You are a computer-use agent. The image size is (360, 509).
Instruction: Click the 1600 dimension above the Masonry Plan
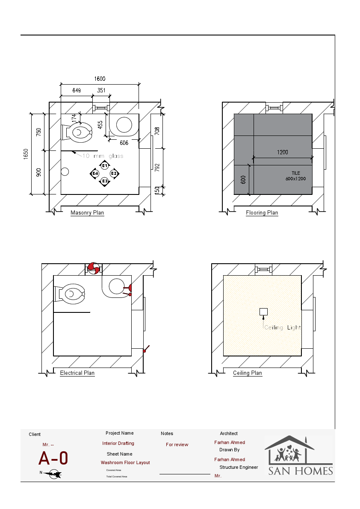click(100, 79)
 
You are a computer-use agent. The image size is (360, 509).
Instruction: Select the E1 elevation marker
click(104, 165)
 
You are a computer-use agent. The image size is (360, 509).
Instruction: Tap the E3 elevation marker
click(104, 182)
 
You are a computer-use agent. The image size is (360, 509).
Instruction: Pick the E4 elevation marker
click(95, 174)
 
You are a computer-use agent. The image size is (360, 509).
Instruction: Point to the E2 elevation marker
click(114, 174)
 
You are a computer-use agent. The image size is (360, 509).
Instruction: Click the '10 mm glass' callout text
click(103, 156)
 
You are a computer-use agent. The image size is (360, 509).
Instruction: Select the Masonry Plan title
click(87, 213)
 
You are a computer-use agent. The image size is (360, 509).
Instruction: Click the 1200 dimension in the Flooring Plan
click(282, 152)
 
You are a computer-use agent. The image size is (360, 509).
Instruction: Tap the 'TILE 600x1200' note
click(296, 176)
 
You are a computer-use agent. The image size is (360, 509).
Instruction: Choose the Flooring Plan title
click(262, 213)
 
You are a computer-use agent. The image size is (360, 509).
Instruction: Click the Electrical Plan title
click(77, 373)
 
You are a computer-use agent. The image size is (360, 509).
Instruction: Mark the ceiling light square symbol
click(264, 312)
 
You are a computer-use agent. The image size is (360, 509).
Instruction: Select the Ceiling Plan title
click(248, 373)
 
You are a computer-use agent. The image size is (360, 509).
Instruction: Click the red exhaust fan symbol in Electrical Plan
click(93, 268)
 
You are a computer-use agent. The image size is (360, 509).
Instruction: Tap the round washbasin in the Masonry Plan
click(124, 125)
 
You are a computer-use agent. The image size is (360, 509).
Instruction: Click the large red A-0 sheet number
click(53, 459)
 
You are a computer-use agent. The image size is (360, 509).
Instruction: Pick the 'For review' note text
click(177, 445)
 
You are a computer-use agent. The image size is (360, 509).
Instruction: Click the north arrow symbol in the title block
click(54, 474)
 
